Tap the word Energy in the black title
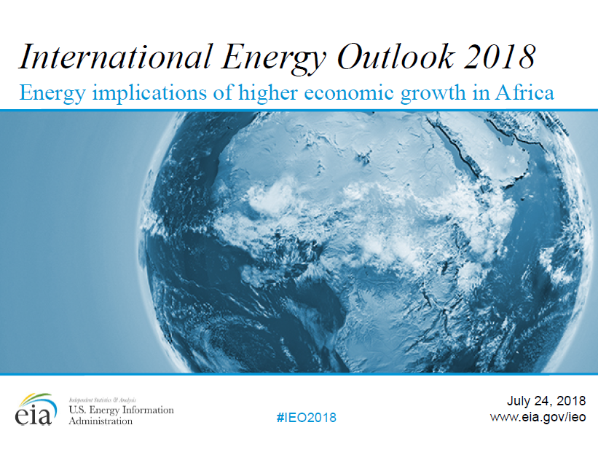(273, 59)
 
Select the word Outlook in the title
(396, 57)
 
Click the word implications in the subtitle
(149, 93)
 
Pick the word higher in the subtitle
(268, 93)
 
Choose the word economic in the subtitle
(349, 92)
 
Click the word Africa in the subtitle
(524, 92)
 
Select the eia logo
(36, 410)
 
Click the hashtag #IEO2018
(307, 418)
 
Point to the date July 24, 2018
(546, 401)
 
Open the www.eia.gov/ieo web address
(538, 417)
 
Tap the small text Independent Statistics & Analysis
(102, 400)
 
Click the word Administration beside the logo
(101, 421)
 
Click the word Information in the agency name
(148, 410)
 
